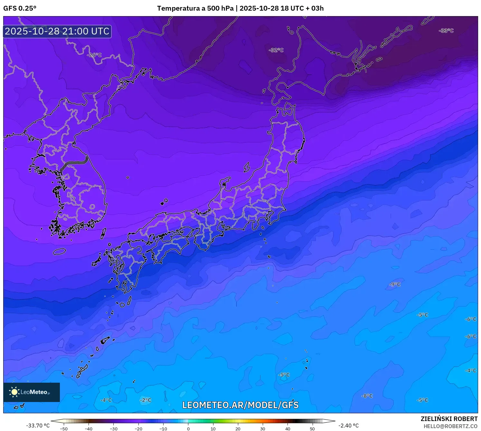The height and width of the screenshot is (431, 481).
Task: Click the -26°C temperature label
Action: tap(94, 55)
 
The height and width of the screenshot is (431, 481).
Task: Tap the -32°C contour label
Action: tap(276, 50)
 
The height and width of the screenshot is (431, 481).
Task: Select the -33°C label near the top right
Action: tap(446, 31)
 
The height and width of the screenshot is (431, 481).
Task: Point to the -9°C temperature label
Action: tap(395, 284)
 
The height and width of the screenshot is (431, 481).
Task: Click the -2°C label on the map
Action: tap(146, 400)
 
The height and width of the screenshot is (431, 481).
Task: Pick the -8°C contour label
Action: tap(367, 396)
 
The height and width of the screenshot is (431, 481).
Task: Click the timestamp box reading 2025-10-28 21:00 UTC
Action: tap(57, 31)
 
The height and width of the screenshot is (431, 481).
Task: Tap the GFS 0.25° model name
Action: tap(20, 8)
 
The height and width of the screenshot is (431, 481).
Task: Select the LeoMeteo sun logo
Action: tap(14, 392)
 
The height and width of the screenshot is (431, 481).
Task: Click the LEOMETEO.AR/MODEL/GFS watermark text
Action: tap(240, 405)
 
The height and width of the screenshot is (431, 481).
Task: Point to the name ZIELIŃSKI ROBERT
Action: tap(449, 419)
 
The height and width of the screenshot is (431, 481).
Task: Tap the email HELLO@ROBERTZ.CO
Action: tap(450, 426)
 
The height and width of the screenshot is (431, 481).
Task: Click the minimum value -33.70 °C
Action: tap(38, 426)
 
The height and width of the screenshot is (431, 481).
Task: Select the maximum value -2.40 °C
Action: tap(348, 426)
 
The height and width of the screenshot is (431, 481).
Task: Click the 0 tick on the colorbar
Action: tap(188, 429)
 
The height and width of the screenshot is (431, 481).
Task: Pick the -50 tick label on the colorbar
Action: tap(64, 429)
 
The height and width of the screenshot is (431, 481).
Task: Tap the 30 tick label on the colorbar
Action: tap(263, 429)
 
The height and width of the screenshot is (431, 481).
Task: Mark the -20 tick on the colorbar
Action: tap(138, 429)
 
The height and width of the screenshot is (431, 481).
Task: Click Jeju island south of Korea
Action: tap(60, 251)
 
